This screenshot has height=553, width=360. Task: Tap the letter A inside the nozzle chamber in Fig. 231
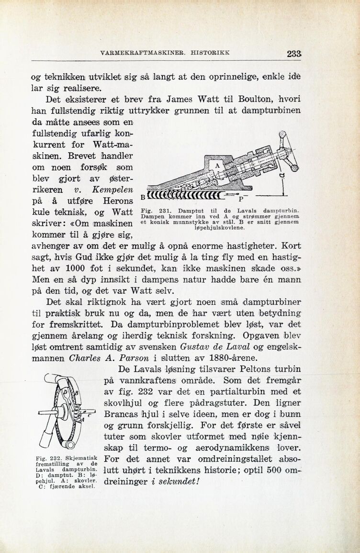point(217,166)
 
